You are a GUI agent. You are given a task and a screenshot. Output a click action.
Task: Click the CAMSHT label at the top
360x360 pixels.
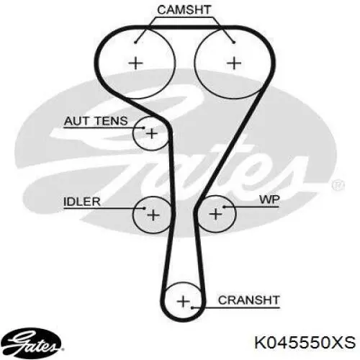coord(184,10)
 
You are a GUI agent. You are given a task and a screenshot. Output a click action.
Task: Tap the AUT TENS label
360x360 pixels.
coord(96,121)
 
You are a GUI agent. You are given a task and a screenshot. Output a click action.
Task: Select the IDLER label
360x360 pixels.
coord(82,202)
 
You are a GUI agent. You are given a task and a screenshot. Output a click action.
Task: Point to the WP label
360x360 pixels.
coord(269,199)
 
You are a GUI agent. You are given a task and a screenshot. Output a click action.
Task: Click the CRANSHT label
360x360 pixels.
coord(249,300)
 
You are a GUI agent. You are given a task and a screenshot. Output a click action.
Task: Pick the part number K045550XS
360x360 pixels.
coord(305,342)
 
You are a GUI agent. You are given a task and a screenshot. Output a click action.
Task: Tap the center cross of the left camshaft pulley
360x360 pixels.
coord(136,63)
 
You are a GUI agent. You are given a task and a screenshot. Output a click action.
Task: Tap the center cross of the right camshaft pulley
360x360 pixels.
coord(234,63)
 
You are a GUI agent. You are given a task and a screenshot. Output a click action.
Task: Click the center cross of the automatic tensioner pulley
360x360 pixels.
coord(152,133)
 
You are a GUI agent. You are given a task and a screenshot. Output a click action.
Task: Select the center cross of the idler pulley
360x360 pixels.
coord(153,215)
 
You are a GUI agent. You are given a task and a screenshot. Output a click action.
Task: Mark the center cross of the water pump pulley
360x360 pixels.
coord(216,214)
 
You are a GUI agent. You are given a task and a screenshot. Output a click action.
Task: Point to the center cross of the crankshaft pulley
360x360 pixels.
coord(183,301)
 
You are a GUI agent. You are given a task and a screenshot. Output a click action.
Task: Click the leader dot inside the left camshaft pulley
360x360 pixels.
coord(135,42)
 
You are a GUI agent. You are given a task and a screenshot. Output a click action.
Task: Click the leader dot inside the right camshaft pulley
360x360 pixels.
coord(234,42)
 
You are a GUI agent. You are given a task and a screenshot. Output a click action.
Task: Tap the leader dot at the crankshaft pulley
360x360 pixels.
coord(192,307)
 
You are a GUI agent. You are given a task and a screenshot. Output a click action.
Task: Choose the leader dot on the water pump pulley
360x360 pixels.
coord(224,207)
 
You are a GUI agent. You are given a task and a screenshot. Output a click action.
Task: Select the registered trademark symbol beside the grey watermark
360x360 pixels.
coord(338,185)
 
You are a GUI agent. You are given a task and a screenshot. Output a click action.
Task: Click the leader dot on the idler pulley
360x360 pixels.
coord(144,208)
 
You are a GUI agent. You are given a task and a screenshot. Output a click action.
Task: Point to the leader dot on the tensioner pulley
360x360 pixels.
coord(143,127)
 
